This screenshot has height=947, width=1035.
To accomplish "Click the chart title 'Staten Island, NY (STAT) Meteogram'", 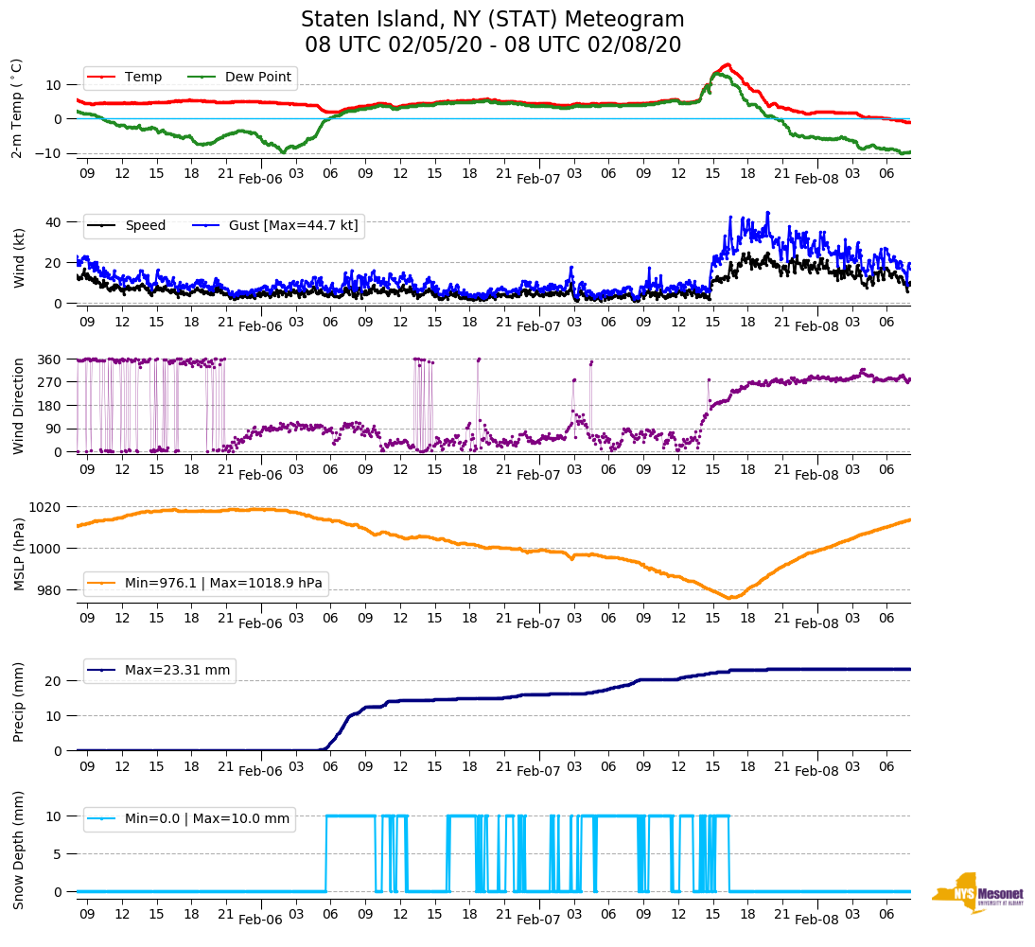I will [492, 20].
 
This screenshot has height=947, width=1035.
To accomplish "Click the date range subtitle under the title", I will [492, 45].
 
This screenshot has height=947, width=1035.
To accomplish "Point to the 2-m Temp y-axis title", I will [16, 107].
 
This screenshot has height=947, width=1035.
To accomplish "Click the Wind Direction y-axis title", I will [18, 405].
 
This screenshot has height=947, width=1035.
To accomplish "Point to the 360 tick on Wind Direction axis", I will [50, 360].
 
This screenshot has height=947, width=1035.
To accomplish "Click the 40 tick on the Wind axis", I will [54, 222].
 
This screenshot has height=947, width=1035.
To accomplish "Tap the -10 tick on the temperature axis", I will [49, 152].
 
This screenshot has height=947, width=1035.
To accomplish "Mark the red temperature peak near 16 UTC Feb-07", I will [726, 64].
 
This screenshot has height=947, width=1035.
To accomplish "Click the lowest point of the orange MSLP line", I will [728, 598].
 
